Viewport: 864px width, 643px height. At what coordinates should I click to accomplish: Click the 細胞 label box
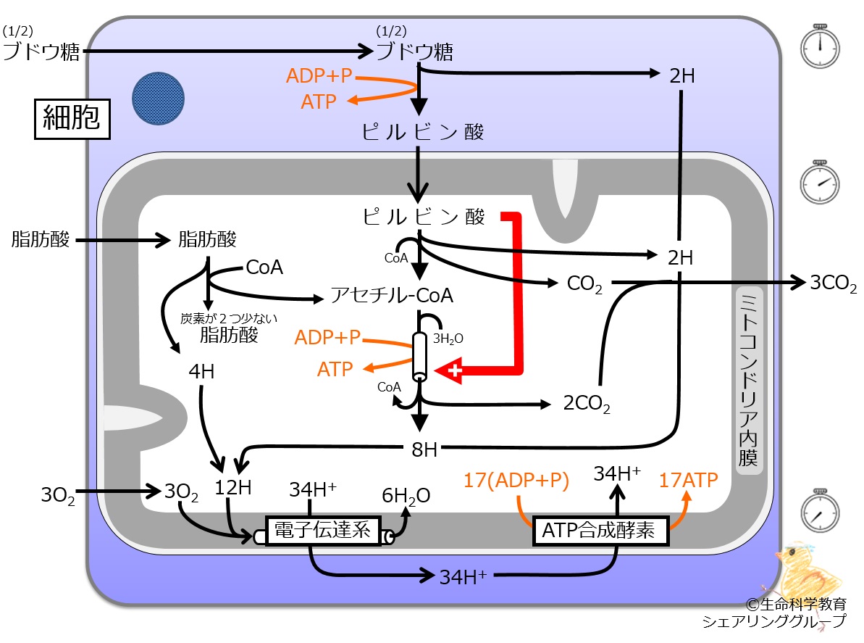pyautogui.click(x=72, y=119)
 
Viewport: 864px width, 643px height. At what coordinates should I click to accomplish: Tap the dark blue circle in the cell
pyautogui.click(x=158, y=98)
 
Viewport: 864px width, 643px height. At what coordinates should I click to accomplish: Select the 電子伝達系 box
pyautogui.click(x=323, y=531)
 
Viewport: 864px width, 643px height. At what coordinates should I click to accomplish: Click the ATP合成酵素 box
pyautogui.click(x=600, y=531)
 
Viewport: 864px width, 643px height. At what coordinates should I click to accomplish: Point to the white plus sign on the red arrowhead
pyautogui.click(x=455, y=370)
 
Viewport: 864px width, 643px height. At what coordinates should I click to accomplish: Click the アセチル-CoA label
pyautogui.click(x=392, y=296)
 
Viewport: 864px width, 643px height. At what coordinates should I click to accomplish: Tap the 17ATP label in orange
pyautogui.click(x=688, y=480)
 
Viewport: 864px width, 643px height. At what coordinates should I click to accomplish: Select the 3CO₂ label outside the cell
pyautogui.click(x=833, y=283)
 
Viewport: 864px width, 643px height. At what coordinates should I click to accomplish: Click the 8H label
pyautogui.click(x=424, y=449)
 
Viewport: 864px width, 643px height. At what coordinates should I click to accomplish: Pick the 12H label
pyautogui.click(x=233, y=487)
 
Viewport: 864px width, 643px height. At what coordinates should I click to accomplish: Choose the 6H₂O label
pyautogui.click(x=406, y=496)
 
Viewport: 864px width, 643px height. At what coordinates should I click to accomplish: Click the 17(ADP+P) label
pyautogui.click(x=516, y=480)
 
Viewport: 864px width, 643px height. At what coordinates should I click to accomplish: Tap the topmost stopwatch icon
pyautogui.click(x=820, y=46)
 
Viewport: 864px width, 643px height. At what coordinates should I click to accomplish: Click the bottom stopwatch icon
pyautogui.click(x=820, y=511)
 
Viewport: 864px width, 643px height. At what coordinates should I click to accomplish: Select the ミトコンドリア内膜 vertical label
pyautogui.click(x=749, y=381)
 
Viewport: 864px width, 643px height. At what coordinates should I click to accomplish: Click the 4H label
pyautogui.click(x=201, y=372)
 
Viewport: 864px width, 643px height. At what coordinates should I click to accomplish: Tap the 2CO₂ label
pyautogui.click(x=587, y=404)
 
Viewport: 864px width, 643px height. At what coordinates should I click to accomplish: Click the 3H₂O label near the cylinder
pyautogui.click(x=448, y=339)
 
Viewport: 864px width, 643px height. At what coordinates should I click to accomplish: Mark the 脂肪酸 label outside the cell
pyautogui.click(x=41, y=239)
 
